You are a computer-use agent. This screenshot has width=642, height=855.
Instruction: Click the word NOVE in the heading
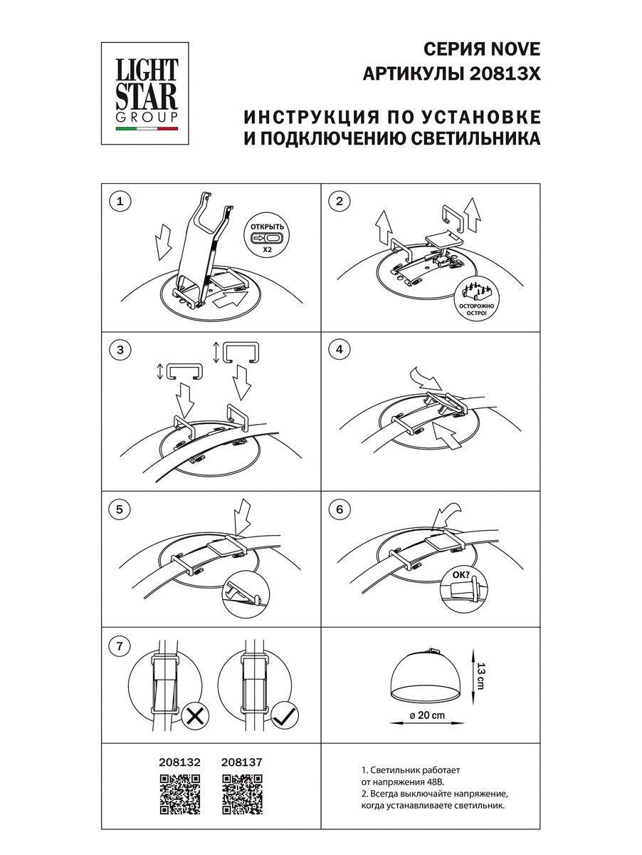(x=514, y=49)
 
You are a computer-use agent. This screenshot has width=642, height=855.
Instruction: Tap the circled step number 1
(x=120, y=202)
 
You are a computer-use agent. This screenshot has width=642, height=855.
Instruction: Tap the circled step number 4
(x=340, y=349)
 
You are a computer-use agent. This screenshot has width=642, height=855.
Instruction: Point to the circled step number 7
(x=120, y=647)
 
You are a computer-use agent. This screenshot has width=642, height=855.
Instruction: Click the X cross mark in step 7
(x=193, y=716)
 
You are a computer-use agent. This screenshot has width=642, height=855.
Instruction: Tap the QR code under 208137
(x=242, y=794)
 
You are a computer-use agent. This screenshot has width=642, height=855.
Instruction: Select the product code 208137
(x=242, y=762)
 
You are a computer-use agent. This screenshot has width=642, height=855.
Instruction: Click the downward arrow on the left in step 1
(x=164, y=241)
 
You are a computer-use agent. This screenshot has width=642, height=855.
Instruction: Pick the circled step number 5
(x=120, y=509)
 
